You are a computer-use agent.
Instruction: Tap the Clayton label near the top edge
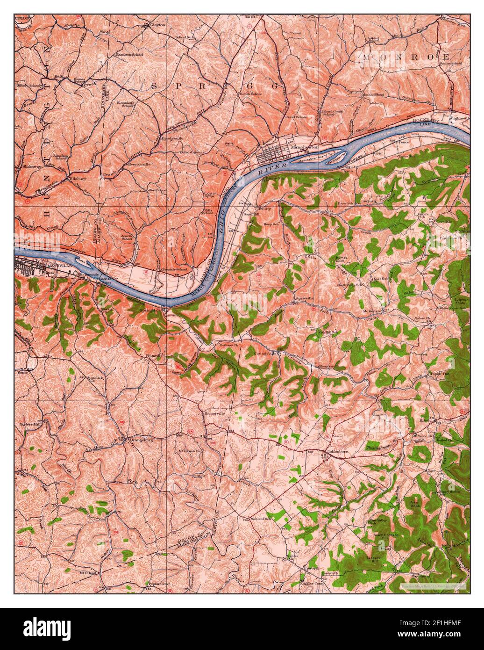click(157, 25)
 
